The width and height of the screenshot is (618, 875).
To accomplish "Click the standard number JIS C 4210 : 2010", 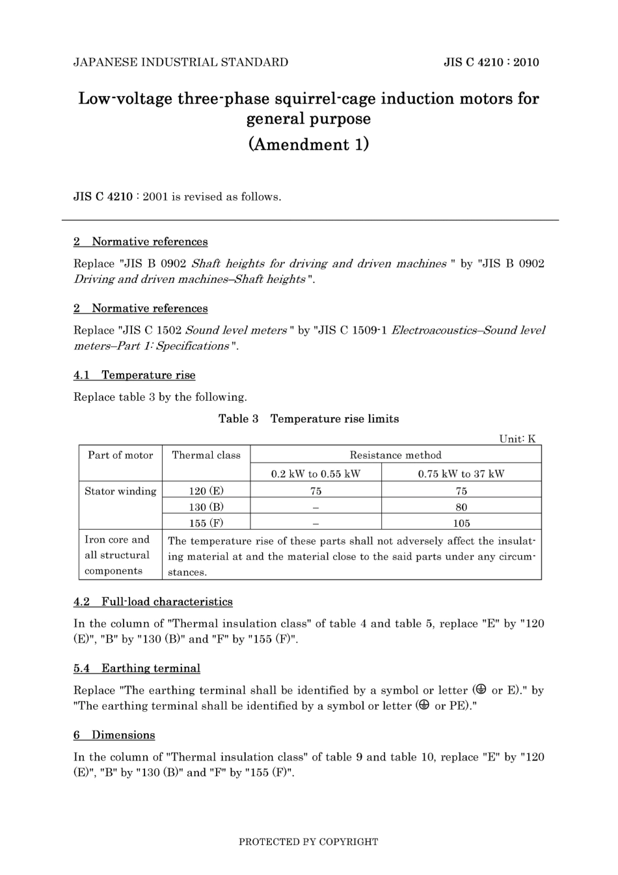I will tap(491, 62).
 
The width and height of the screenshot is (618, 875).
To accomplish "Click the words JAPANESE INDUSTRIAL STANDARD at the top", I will tap(181, 62).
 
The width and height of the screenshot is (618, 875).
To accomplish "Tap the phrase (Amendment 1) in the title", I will tap(308, 144).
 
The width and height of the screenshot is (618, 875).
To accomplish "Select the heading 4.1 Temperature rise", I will tap(135, 375).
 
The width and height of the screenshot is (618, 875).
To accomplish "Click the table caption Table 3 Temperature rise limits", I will tap(308, 419).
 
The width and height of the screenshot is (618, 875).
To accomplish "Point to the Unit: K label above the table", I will tap(517, 438).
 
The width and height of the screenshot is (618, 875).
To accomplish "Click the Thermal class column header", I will tap(206, 455).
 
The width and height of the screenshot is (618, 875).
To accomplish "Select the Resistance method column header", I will tap(396, 455).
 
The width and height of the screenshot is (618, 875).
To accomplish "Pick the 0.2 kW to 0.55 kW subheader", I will tap(316, 474).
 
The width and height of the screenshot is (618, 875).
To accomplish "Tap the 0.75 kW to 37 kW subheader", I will tap(461, 474).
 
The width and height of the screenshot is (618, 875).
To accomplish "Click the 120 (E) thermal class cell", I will tap(206, 491).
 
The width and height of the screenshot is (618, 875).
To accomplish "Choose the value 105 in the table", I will tap(461, 523).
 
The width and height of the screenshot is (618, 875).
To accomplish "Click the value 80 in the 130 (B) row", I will tap(461, 507).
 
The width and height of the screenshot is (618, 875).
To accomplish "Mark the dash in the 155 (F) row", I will tap(316, 523).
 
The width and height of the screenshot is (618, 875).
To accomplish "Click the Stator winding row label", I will tap(120, 491).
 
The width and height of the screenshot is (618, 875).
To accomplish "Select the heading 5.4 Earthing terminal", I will tap(137, 669).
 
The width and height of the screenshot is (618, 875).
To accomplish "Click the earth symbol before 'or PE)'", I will tap(423, 705).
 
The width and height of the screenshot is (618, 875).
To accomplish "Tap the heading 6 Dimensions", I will tap(114, 735).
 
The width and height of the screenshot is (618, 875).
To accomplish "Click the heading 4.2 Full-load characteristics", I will tap(153, 602).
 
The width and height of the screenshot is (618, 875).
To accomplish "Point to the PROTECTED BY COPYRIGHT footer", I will tap(308, 842).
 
